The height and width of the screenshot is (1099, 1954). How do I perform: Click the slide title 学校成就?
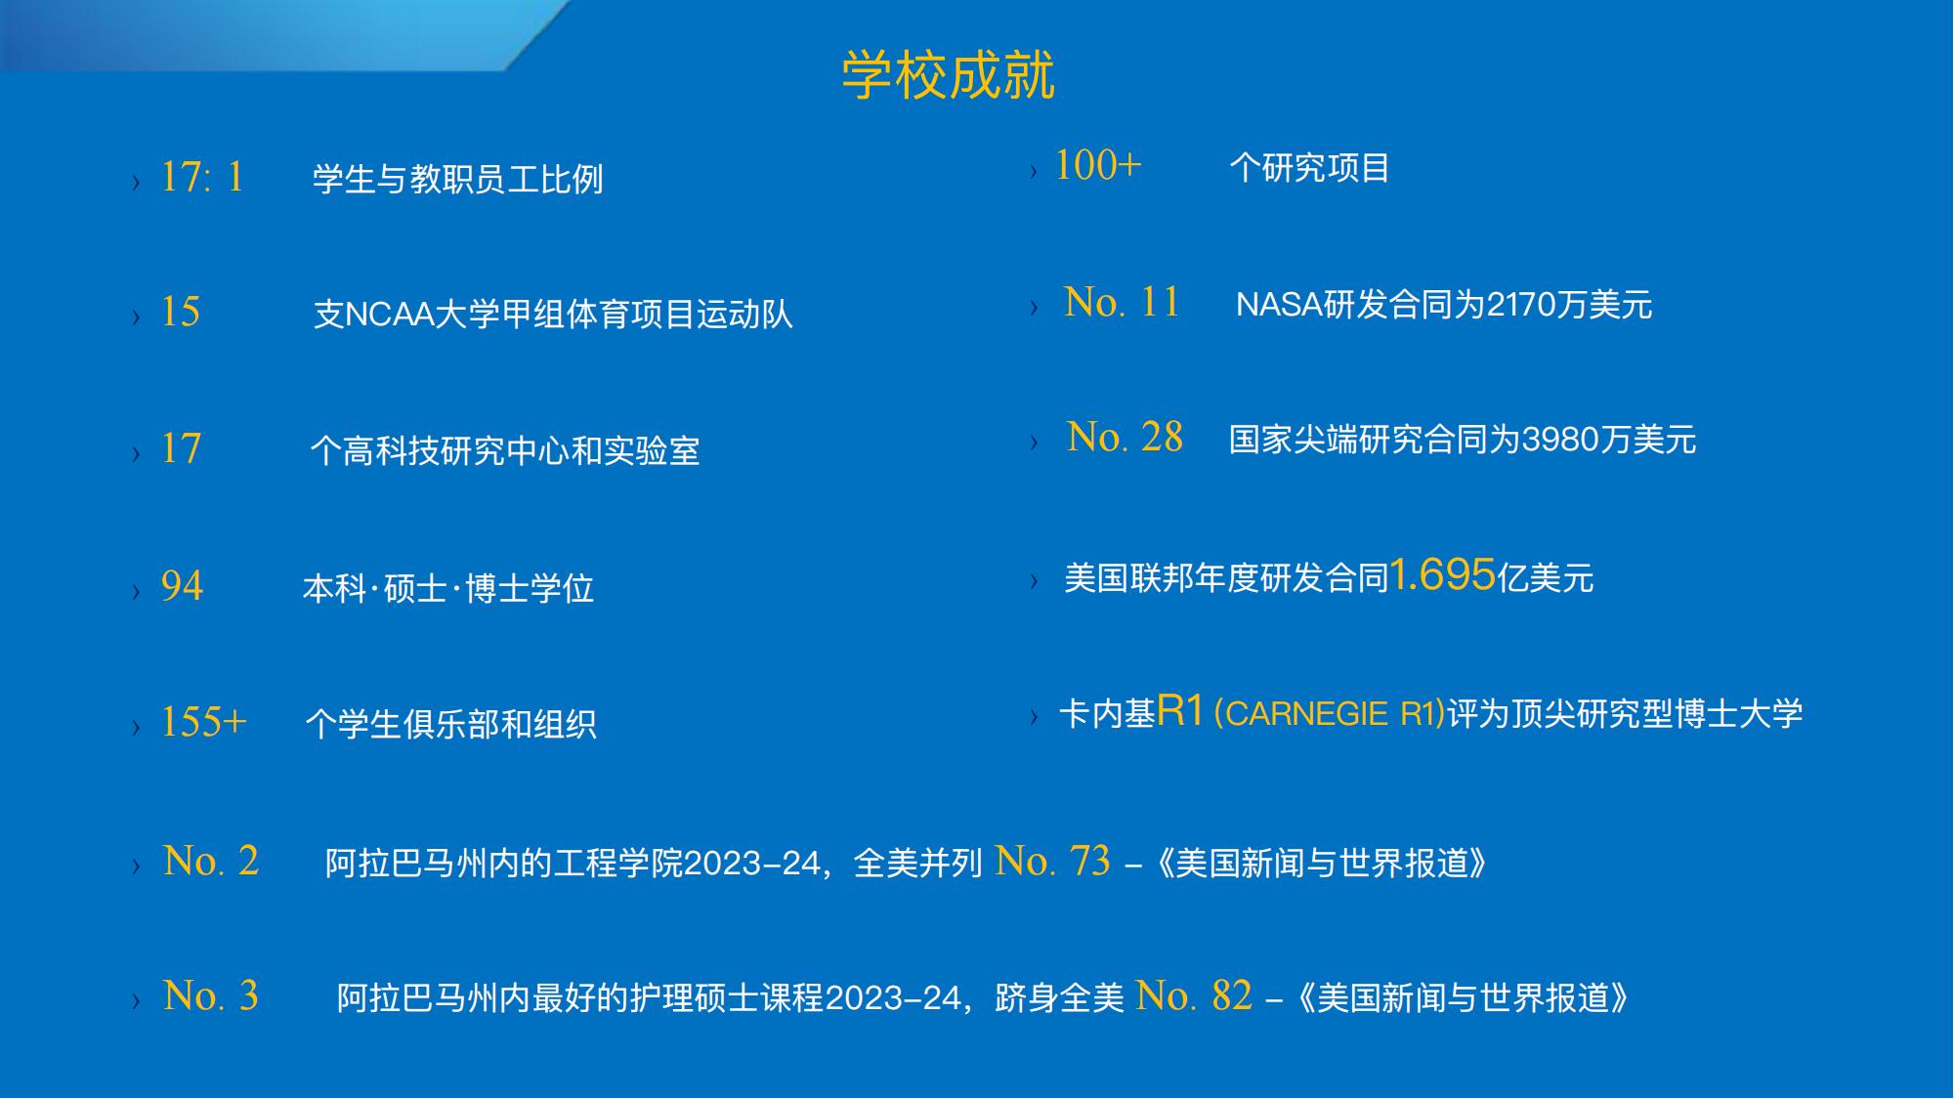pyautogui.click(x=948, y=74)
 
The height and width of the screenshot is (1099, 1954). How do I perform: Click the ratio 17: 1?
pyautogui.click(x=202, y=178)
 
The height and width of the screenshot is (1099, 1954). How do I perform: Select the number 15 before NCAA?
pyautogui.click(x=181, y=313)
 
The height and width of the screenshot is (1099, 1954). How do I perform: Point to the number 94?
pyautogui.click(x=182, y=586)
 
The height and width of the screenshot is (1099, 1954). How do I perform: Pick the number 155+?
pyautogui.click(x=203, y=723)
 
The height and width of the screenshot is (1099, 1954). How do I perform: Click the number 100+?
pyautogui.click(x=1098, y=165)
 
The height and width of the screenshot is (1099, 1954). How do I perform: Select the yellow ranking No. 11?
pyautogui.click(x=1122, y=302)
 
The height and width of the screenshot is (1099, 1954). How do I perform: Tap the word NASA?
pyautogui.click(x=1279, y=305)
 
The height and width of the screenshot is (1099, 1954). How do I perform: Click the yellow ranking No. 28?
pyautogui.click(x=1125, y=437)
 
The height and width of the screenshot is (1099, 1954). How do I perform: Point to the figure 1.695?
pyautogui.click(x=1442, y=574)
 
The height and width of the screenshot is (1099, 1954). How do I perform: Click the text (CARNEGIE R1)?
pyautogui.click(x=1329, y=714)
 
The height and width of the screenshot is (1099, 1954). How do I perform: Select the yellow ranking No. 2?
pyautogui.click(x=211, y=861)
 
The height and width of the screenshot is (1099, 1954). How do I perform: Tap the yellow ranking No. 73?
pyautogui.click(x=1052, y=861)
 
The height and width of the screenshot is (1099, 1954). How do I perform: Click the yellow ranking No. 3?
pyautogui.click(x=211, y=995)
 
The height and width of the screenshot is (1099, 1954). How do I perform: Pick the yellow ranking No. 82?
pyautogui.click(x=1194, y=995)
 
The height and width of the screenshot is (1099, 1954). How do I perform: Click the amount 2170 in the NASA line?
pyautogui.click(x=1521, y=305)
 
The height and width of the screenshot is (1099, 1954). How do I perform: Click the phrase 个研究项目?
pyautogui.click(x=1309, y=168)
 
